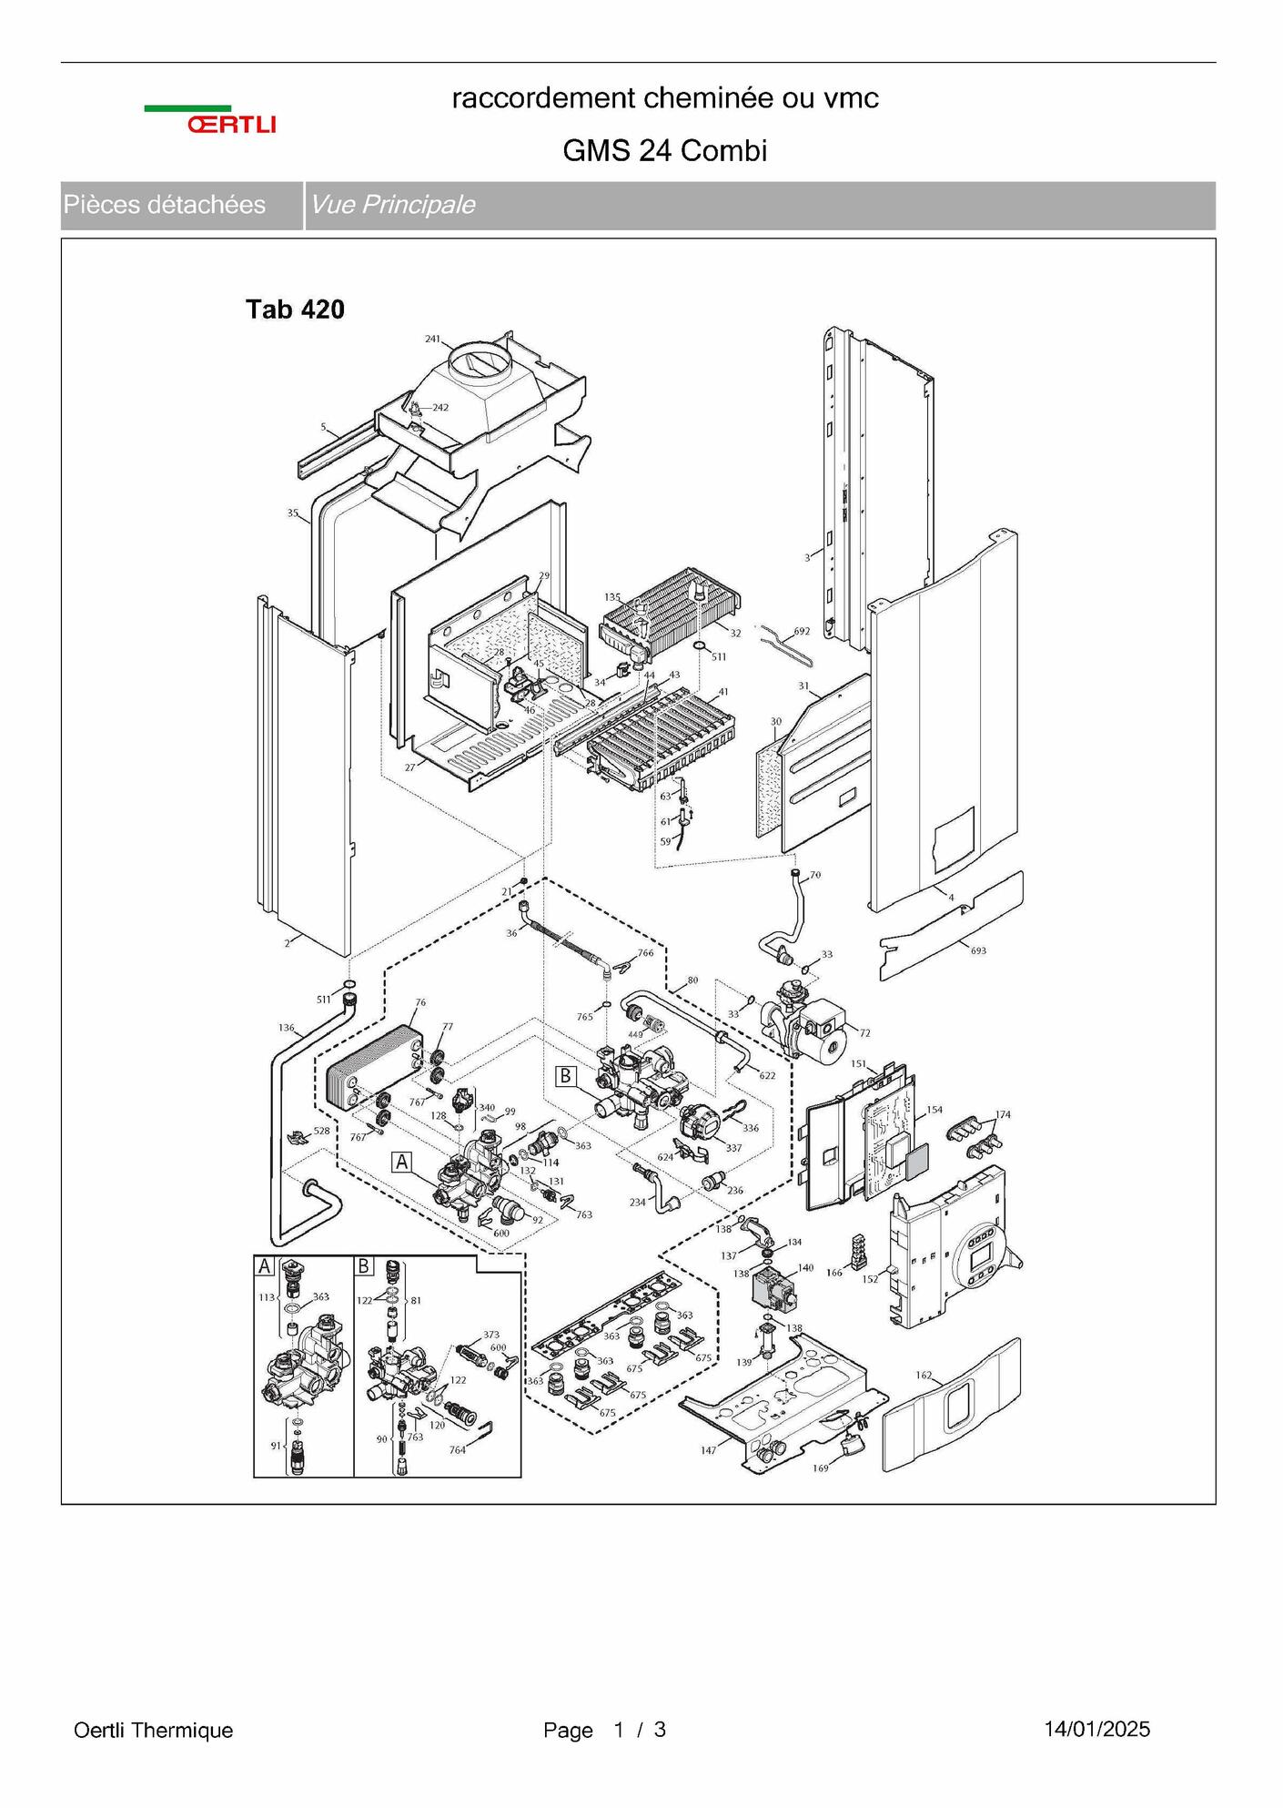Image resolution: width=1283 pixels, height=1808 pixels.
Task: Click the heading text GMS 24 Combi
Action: pos(665,150)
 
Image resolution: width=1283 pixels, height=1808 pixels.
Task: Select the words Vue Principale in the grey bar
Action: pos(392,205)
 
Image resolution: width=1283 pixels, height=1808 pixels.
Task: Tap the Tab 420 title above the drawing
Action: pos(295,310)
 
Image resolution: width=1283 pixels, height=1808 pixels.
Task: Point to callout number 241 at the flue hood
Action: pos(432,340)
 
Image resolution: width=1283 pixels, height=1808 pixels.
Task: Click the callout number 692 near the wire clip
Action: pos(802,631)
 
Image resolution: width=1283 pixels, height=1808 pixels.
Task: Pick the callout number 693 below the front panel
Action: pos(978,950)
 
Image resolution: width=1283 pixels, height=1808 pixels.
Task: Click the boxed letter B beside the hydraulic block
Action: pos(566,1076)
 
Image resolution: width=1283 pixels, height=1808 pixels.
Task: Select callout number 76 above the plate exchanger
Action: pos(419,1002)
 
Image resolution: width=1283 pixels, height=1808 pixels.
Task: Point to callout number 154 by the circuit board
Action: pos(934,1110)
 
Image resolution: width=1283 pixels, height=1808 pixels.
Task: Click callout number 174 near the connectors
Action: pos(1003,1114)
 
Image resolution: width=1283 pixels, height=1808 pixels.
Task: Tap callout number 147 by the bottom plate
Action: pos(708,1450)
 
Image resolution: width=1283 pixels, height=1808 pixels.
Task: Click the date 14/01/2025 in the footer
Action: pos(1097,1729)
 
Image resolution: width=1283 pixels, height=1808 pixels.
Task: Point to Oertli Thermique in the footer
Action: pos(154,1730)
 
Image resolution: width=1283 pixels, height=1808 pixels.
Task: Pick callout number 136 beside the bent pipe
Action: pos(287,1028)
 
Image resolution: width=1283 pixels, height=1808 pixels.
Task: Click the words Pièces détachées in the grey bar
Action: pos(165,205)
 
